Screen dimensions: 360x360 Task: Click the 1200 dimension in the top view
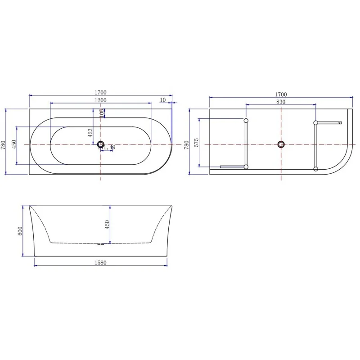click(100, 100)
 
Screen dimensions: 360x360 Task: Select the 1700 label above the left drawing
click(100, 93)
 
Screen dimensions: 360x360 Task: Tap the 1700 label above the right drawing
click(281, 94)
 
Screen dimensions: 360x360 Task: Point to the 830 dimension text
click(281, 102)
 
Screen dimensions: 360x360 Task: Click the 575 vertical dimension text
click(196, 143)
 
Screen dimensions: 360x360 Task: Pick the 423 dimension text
click(90, 132)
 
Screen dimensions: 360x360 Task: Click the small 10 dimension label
click(163, 100)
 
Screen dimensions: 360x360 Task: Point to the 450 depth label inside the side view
click(107, 224)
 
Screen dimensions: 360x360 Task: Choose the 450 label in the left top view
click(14, 144)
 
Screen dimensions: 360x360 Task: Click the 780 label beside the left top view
click(3, 144)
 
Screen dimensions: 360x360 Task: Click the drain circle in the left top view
click(100, 144)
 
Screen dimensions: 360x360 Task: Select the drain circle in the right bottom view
click(281, 144)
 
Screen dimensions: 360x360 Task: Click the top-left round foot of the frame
click(246, 121)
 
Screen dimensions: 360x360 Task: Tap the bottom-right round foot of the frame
click(315, 169)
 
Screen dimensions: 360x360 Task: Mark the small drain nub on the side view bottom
click(100, 245)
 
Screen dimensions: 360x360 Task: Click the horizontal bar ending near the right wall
click(329, 122)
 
